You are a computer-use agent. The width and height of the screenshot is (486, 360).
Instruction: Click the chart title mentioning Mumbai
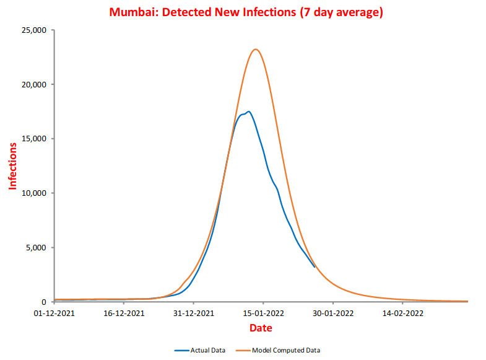pos(246,12)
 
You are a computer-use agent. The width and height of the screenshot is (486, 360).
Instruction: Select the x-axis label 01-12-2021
pos(54,314)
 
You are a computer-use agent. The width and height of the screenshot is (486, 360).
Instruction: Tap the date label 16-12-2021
pos(124,314)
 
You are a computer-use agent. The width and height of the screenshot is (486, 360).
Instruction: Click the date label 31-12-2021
pos(193,314)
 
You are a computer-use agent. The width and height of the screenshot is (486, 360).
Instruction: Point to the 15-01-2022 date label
pos(263,314)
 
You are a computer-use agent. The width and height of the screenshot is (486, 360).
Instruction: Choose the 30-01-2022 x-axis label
pos(332,314)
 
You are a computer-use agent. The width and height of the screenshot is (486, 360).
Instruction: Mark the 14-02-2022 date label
pos(402,314)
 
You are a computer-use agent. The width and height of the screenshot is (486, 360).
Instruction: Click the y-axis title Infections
pos(12,165)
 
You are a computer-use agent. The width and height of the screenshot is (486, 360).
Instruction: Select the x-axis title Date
pos(261,328)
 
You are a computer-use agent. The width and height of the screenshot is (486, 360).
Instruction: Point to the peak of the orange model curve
pos(255,50)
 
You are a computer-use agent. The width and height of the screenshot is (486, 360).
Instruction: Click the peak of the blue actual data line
pos(248,112)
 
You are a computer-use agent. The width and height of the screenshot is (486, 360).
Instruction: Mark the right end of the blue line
pos(315,266)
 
